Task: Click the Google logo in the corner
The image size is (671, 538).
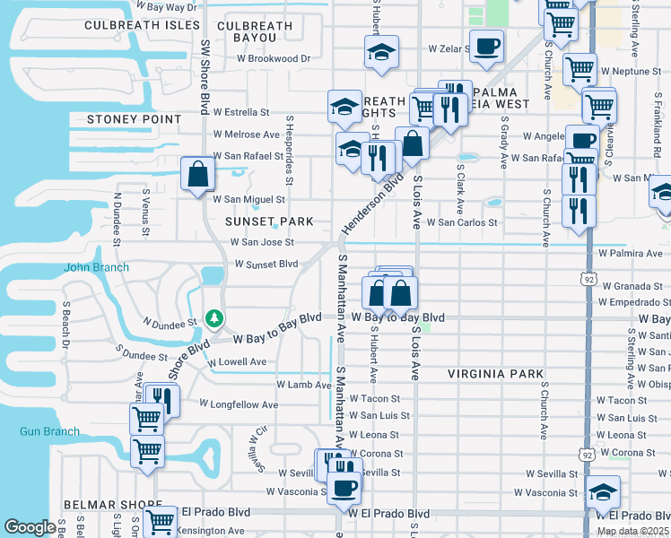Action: point(30,527)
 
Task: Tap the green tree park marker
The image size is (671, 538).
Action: point(214,318)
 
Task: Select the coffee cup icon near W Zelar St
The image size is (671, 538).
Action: point(486,46)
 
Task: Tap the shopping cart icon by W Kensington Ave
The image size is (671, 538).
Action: point(160,520)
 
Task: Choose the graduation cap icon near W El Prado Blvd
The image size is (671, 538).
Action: point(603,490)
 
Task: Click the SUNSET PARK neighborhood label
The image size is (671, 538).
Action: point(269,221)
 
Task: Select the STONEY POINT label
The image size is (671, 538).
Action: point(134,118)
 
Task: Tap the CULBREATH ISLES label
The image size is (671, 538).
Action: point(142,25)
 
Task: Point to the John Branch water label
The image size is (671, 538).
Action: point(96,267)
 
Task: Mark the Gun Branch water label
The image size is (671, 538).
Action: point(49,431)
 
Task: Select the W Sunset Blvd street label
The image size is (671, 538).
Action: point(266,264)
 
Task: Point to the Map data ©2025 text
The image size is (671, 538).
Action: point(633,531)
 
